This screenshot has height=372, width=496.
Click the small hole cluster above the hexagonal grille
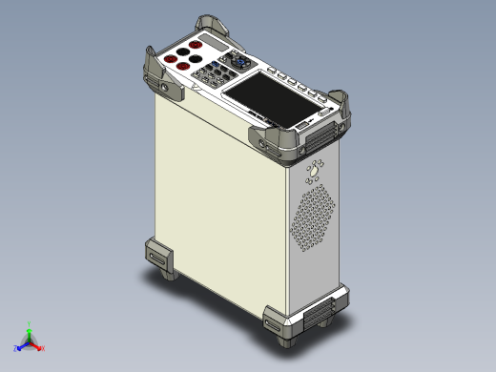point(313,172)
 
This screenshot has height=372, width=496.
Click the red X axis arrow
point(42,347)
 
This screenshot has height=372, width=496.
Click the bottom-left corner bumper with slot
point(157,256)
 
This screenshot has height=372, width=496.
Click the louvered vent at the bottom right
point(320,311)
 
